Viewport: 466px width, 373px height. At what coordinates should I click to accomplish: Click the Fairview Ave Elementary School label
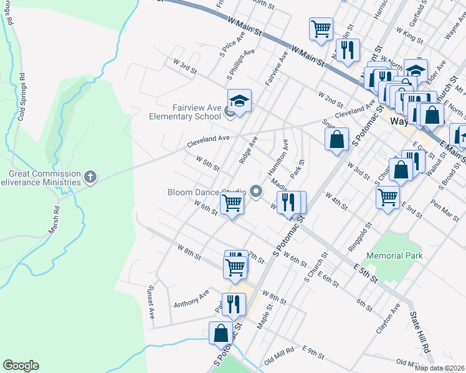point(185,111)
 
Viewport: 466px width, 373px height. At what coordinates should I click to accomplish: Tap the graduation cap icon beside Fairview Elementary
point(239,100)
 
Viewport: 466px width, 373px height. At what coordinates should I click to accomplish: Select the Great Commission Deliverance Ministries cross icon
point(90,178)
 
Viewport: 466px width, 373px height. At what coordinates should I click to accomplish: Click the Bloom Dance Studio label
point(207,192)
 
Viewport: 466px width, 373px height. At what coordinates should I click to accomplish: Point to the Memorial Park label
point(394,256)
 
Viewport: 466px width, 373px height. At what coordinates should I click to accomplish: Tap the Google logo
point(21,366)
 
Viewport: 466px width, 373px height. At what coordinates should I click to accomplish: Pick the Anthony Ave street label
point(192,299)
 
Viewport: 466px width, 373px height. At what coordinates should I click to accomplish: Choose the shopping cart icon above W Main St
point(321,28)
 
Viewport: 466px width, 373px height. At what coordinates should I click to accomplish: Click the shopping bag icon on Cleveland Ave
point(336,139)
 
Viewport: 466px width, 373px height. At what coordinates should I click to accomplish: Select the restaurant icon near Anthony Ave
point(234,304)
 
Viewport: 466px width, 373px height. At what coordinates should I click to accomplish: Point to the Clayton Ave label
point(388,319)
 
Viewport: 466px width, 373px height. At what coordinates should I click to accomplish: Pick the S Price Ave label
point(227,48)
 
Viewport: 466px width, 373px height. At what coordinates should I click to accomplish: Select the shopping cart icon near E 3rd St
point(388,197)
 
